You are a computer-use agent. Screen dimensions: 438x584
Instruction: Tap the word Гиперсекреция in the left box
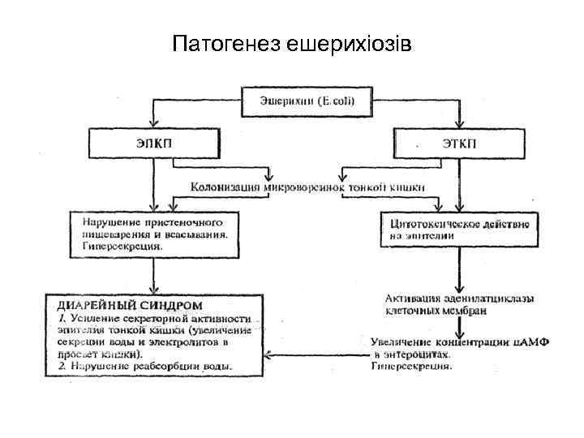pos(122,243)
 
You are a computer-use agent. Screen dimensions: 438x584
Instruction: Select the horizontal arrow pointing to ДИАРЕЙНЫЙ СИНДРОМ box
pos(316,354)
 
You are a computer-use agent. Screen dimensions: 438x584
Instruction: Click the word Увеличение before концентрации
pos(405,341)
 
